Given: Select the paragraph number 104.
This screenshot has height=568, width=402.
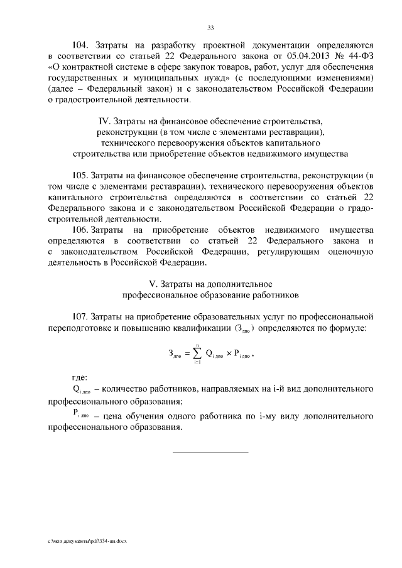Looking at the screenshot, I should coord(83,46).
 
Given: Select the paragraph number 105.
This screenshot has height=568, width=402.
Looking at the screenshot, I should coord(83,174).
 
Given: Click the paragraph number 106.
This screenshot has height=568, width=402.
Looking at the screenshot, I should coord(83,229).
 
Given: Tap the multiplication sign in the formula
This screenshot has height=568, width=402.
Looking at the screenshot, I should coord(229,355).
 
